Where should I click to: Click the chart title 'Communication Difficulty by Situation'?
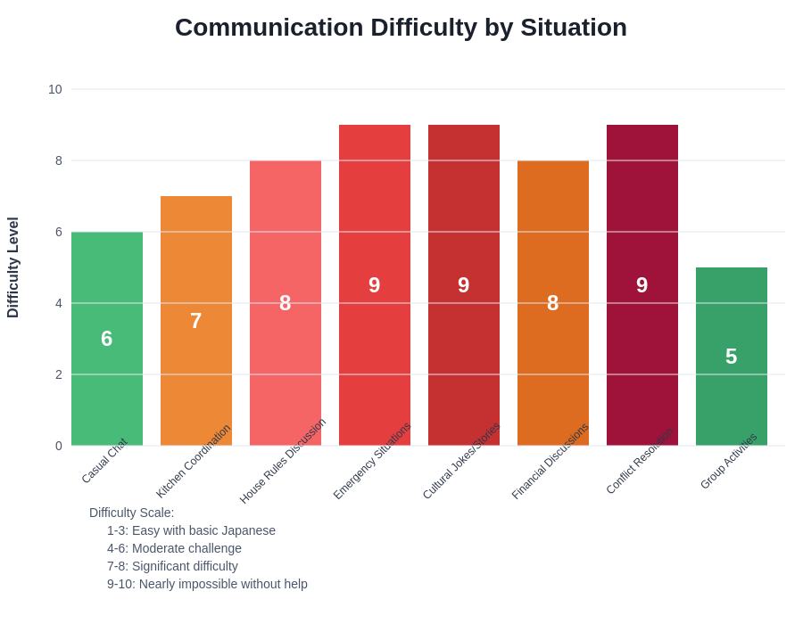pyautogui.click(x=401, y=28)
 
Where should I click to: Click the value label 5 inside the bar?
pyautogui.click(x=732, y=357)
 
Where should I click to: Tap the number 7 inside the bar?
pyautogui.click(x=196, y=321)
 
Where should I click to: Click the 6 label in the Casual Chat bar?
pyautogui.click(x=107, y=339)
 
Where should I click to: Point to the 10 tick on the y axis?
pyautogui.click(x=55, y=89)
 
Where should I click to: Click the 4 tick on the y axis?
pyautogui.click(x=58, y=303)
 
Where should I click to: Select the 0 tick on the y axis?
pyautogui.click(x=58, y=446)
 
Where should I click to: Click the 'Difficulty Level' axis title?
pyautogui.click(x=13, y=267)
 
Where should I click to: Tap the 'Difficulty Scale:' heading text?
pyautogui.click(x=132, y=513)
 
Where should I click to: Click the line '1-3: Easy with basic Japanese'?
pyautogui.click(x=191, y=530)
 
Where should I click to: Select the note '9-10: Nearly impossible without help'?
pyautogui.click(x=207, y=584)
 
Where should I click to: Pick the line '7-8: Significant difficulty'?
pyautogui.click(x=172, y=566)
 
